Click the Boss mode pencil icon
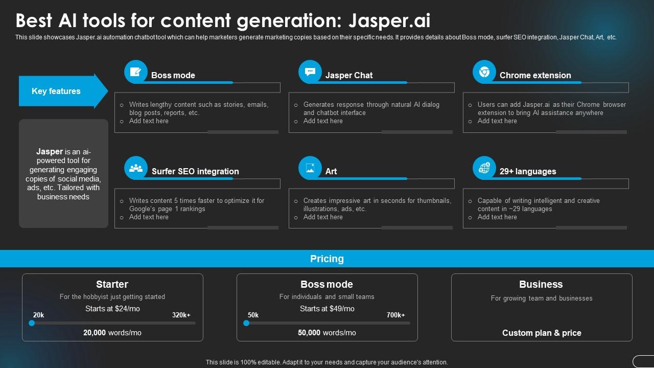(136, 72)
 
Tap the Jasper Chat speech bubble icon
(310, 72)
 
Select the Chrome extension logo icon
(484, 72)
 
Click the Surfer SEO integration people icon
(136, 168)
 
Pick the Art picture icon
(310, 168)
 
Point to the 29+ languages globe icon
(484, 168)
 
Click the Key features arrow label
(56, 91)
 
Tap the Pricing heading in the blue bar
(327, 259)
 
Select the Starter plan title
(112, 284)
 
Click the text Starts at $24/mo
(112, 309)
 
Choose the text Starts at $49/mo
(327, 309)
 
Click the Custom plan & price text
(542, 333)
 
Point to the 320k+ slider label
(181, 315)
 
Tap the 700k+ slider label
(395, 315)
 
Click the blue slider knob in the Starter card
(32, 323)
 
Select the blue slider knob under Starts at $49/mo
(246, 323)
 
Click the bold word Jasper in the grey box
(50, 151)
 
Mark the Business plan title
(541, 284)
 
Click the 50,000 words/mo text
(327, 333)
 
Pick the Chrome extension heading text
(535, 75)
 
